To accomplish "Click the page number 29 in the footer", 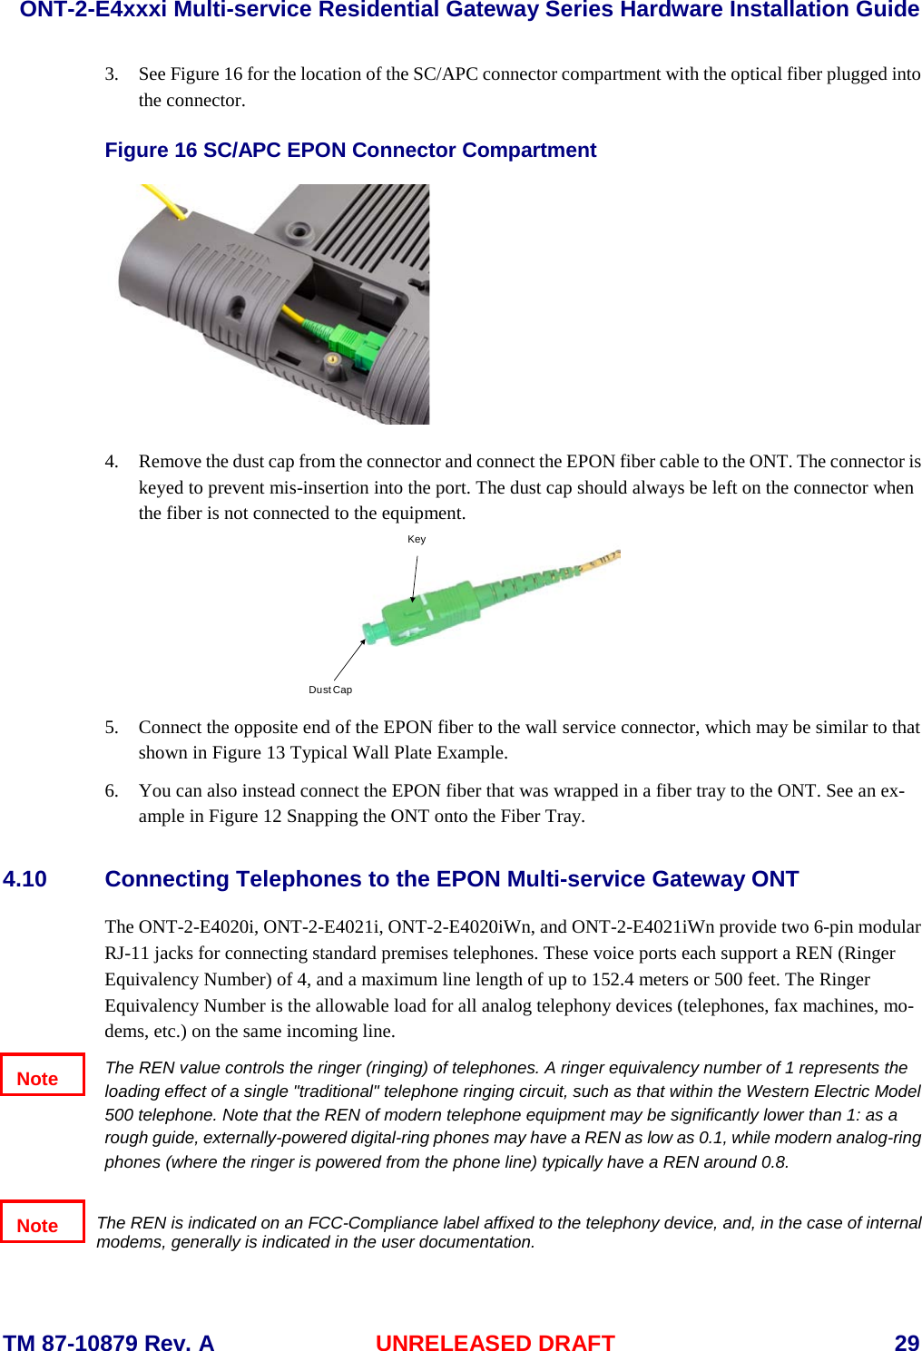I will tap(906, 1343).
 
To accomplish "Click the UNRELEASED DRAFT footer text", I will tap(495, 1343).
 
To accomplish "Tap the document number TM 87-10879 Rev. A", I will tap(108, 1343).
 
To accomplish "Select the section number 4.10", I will tap(25, 879).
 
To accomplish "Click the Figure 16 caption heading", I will tap(350, 151).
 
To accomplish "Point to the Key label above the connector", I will tap(417, 539).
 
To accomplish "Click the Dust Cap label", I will tap(330, 690).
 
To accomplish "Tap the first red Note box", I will tap(42, 1075).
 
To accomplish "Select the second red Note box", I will tap(42, 1222).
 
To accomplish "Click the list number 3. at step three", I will tap(112, 74).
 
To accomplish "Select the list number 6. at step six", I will tap(112, 791).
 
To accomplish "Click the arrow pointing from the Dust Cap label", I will tap(349, 660).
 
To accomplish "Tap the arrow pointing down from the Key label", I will tap(415, 578).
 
